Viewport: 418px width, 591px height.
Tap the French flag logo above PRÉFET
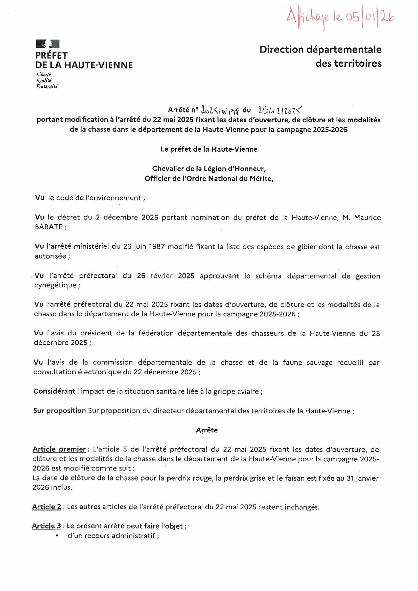[x=48, y=44]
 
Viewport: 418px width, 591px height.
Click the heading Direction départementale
[x=320, y=50]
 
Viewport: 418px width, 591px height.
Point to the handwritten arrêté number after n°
[x=221, y=110]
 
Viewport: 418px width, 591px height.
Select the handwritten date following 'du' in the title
[x=279, y=110]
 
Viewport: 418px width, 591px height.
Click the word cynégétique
[x=55, y=285]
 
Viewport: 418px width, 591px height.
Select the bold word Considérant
[x=54, y=391]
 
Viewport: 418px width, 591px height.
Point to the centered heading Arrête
[x=207, y=430]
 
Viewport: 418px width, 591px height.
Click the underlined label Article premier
[x=59, y=450]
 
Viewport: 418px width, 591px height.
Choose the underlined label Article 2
[x=47, y=507]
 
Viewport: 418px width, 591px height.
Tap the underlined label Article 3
[x=46, y=526]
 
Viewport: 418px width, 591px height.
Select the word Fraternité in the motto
[x=47, y=86]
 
